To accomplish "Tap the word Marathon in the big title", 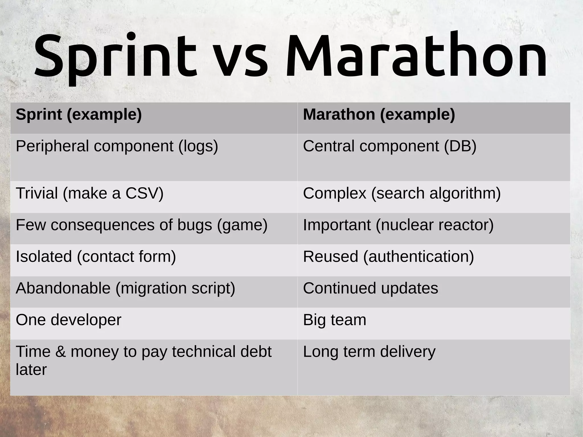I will click(x=416, y=56).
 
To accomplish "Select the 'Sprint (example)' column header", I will click(x=79, y=115).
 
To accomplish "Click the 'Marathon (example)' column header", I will click(x=379, y=115).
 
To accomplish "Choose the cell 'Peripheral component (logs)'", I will click(x=117, y=146).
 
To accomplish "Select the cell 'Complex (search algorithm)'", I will click(x=402, y=193).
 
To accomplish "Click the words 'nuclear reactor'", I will click(x=434, y=225).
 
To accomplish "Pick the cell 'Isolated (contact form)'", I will click(x=96, y=257).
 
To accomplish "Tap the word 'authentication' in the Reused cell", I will click(x=418, y=257).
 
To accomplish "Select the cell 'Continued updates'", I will click(x=370, y=288).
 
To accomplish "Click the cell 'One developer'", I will click(x=68, y=320).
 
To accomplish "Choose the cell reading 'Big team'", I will click(x=334, y=320).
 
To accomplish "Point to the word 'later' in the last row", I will click(x=31, y=370).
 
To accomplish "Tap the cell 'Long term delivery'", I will click(x=369, y=352).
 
